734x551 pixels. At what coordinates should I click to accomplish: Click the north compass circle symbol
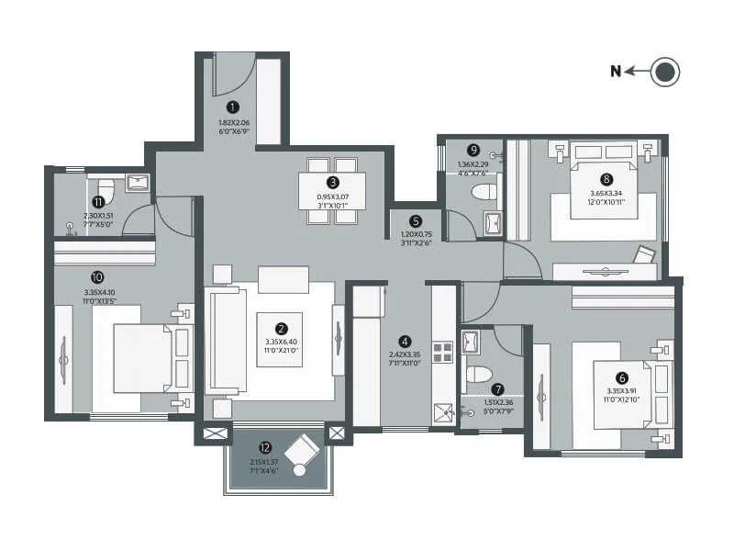665,73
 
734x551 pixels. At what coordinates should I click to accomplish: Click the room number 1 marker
234,107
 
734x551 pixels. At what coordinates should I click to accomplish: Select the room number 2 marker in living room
282,328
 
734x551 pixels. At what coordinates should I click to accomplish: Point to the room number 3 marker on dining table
333,182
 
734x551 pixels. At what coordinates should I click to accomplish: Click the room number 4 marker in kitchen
405,340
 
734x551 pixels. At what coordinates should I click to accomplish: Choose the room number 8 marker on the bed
606,179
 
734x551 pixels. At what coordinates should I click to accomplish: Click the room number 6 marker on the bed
622,377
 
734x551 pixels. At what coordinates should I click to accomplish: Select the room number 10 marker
97,275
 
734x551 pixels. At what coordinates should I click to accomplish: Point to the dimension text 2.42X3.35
405,356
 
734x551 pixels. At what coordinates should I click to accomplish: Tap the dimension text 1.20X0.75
416,237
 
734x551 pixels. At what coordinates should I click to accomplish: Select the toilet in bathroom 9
483,192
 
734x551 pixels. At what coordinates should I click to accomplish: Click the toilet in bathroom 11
106,193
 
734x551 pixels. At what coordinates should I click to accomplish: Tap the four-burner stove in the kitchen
443,354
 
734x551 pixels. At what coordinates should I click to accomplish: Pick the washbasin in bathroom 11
138,180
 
